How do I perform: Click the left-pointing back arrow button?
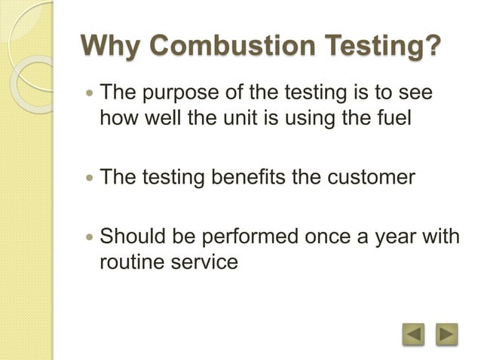point(413,333)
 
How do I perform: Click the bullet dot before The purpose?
point(90,96)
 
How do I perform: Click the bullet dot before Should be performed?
point(90,237)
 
